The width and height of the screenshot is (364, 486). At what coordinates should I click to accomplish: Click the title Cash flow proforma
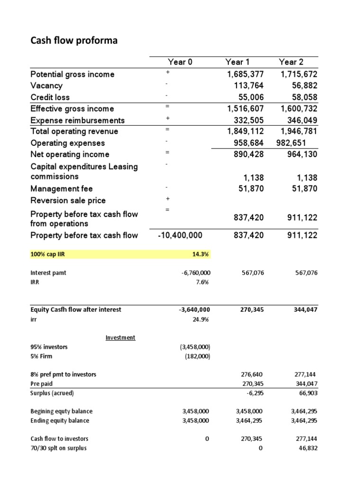[x=74, y=41]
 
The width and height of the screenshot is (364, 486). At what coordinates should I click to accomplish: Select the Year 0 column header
[x=180, y=62]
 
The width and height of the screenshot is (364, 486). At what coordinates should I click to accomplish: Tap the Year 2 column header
[x=291, y=62]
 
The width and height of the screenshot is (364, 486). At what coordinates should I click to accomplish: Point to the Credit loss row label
[x=50, y=97]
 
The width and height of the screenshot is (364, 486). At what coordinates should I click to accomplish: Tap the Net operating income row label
[x=70, y=154]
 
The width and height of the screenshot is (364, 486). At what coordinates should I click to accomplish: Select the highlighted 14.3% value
[x=201, y=255]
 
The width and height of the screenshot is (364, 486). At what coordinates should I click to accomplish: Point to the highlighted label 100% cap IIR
[x=47, y=255]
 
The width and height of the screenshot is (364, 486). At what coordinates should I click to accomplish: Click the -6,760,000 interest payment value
[x=196, y=273]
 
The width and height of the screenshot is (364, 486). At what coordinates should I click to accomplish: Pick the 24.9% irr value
[x=202, y=319]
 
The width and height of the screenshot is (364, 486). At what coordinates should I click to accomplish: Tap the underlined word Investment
[x=120, y=337]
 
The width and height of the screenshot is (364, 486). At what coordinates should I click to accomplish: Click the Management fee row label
[x=62, y=189]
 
